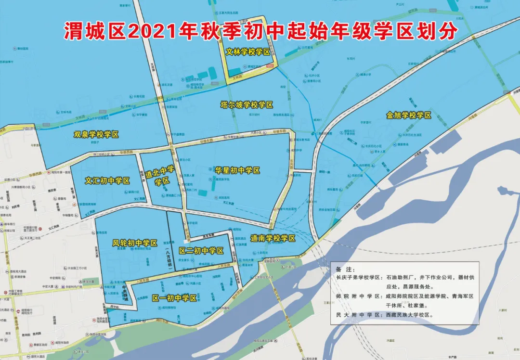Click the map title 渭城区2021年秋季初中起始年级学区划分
point(260,32)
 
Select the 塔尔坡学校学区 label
point(247,105)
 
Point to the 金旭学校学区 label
point(408,116)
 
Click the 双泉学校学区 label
point(96,135)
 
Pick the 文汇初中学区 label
point(108,181)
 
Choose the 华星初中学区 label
point(238,170)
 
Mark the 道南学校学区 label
point(273,238)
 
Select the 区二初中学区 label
point(201,251)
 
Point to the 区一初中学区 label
point(174,298)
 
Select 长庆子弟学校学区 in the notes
point(359,278)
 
